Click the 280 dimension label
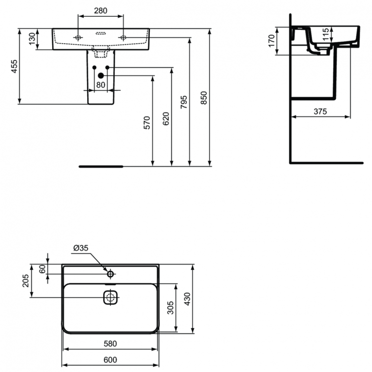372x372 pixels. click(x=101, y=10)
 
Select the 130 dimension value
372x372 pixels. click(x=32, y=39)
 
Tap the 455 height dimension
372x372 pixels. click(x=14, y=66)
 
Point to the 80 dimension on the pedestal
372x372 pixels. click(x=101, y=84)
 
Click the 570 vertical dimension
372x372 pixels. click(x=146, y=122)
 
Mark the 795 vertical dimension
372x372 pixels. click(x=184, y=102)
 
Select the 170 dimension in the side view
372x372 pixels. click(x=271, y=40)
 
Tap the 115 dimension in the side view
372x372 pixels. click(x=325, y=35)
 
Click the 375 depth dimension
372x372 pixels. click(x=320, y=112)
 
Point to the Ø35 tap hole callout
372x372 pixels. click(x=80, y=248)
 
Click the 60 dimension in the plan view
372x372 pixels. click(x=42, y=268)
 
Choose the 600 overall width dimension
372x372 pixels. click(x=110, y=360)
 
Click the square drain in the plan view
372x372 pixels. click(x=110, y=298)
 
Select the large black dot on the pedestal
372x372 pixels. click(x=101, y=75)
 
